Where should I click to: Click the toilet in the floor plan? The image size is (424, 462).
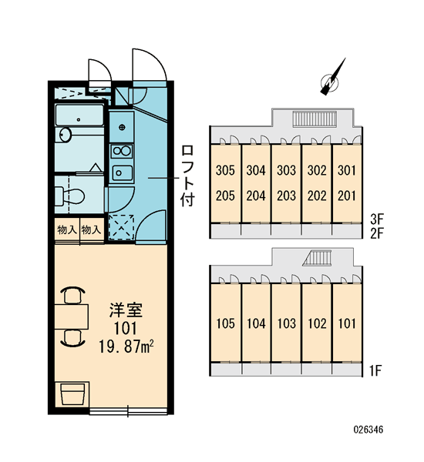coord(69,195)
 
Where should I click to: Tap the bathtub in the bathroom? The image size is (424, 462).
coord(79,115)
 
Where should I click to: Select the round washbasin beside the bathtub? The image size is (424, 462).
coord(65,135)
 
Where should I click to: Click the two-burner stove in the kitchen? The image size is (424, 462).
coord(122,151)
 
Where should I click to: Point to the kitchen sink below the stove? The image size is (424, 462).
coord(122,172)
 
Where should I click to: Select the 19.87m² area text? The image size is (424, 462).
coord(126,346)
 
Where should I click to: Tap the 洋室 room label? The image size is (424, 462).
coord(126,310)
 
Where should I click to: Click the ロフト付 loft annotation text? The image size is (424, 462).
coord(187,175)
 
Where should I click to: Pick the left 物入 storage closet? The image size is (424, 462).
coord(67,230)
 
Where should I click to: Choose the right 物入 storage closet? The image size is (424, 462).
coord(92,230)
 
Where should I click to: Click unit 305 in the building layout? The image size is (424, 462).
coord(225,170)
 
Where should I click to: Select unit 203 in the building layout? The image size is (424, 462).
coord(286,196)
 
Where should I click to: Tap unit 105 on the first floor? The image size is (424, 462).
coord(225,323)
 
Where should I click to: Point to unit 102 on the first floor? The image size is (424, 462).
coord(317,323)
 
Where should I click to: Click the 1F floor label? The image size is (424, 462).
coord(375,370)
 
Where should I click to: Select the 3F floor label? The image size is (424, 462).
coord(376,219)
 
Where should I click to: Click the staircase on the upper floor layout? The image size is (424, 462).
coord(315,119)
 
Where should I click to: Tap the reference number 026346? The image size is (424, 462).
coord(368,430)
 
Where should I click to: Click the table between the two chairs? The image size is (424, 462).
coord(72,316)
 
